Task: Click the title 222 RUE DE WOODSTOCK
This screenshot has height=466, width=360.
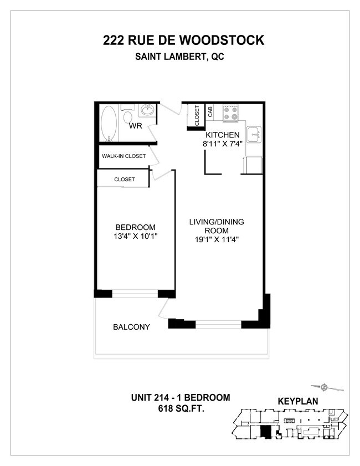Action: coord(183,40)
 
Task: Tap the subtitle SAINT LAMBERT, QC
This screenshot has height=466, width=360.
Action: coord(183,57)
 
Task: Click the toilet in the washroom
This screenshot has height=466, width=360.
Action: coord(127,117)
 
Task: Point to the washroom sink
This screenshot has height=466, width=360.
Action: coord(147,111)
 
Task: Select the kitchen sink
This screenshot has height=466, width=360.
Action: coord(254,134)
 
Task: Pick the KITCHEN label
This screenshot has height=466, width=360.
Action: coord(223,135)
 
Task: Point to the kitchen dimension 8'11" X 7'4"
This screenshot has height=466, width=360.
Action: coord(223,144)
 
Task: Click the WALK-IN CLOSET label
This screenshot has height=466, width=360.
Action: coord(124,156)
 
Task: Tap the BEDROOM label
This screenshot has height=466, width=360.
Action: coord(135,227)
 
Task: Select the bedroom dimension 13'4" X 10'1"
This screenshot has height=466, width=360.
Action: coord(135,237)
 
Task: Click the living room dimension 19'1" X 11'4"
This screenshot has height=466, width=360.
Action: coord(217,240)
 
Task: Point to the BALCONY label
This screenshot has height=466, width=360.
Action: coord(131,327)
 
